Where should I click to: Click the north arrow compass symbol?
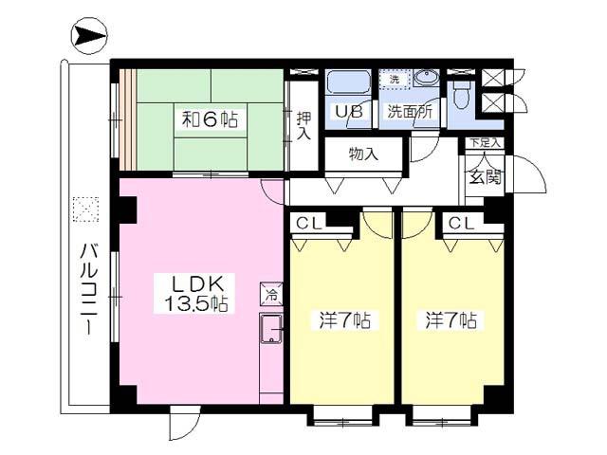89,36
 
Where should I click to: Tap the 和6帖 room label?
211,119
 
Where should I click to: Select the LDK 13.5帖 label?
195,294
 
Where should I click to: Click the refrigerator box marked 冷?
271,294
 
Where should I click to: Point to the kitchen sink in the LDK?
271,329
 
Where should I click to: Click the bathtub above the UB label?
348,82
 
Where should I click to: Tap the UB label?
348,112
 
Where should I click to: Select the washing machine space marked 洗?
395,80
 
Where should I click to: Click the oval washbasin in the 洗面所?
426,79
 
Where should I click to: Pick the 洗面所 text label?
410,112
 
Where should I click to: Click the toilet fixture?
461,95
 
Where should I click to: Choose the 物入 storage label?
363,155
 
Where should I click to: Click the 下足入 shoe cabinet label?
485,142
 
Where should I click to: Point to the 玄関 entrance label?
485,177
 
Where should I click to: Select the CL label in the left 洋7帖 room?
308,224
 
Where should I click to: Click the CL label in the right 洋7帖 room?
461,224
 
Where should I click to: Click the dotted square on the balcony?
85,209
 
